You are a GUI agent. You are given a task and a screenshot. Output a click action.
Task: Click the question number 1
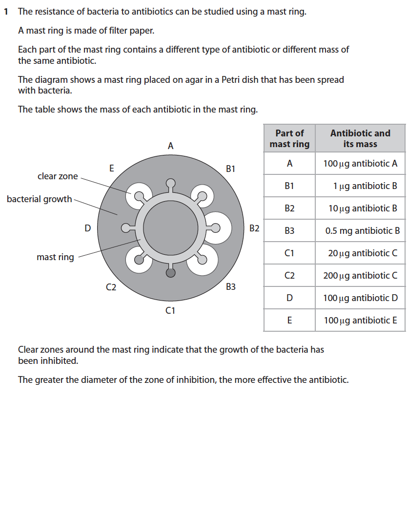click(5, 12)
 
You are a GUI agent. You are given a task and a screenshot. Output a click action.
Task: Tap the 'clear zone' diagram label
click(58, 176)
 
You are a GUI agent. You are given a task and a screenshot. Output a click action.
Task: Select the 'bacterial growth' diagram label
click(39, 199)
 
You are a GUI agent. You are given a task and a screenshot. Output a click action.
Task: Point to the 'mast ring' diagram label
click(55, 257)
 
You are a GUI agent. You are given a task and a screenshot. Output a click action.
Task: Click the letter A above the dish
click(170, 146)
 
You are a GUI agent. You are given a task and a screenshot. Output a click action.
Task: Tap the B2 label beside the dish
click(254, 228)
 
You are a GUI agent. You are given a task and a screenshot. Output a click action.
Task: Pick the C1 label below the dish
click(170, 310)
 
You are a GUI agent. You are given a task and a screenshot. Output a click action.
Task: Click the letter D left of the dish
click(87, 228)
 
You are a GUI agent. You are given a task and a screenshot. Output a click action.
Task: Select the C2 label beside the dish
click(111, 287)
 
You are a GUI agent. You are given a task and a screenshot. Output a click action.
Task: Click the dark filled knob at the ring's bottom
click(170, 273)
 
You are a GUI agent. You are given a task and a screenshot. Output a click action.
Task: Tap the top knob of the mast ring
click(170, 183)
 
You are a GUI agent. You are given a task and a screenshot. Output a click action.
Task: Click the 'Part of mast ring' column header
click(289, 138)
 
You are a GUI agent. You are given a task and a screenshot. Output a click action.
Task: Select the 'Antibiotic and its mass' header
click(360, 138)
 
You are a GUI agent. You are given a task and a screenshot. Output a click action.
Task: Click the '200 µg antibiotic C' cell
click(360, 276)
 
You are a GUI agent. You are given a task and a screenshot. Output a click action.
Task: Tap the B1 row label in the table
click(289, 186)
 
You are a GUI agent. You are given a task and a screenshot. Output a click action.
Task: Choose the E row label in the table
click(289, 321)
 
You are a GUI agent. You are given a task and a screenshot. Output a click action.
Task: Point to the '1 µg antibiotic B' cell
click(365, 186)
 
